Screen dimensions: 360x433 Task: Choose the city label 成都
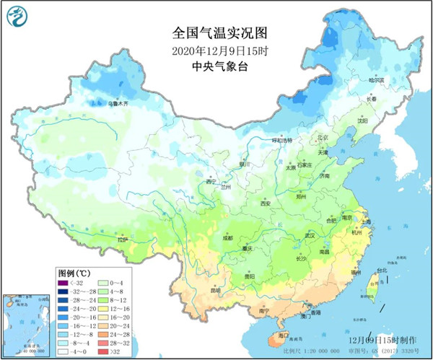228,237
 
